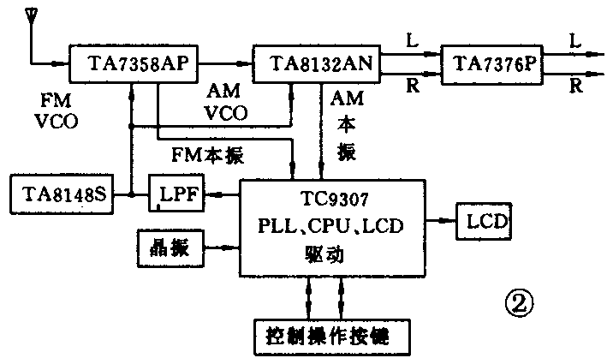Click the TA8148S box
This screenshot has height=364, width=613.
pos(59,194)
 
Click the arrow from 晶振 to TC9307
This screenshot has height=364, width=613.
pos(221,248)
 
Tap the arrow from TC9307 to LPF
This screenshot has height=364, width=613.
pos(223,195)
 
